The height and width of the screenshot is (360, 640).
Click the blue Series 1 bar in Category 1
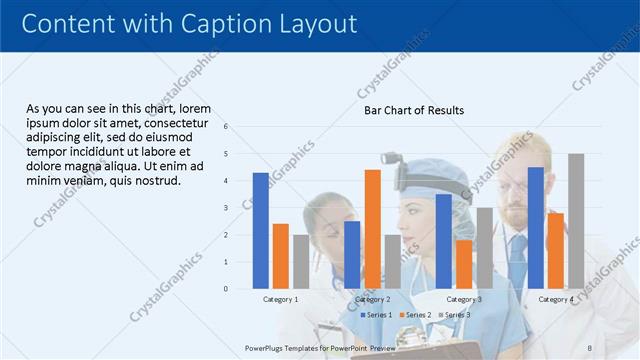[261, 230]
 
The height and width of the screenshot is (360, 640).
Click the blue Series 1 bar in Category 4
[536, 227]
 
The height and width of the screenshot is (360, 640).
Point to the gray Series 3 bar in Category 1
[301, 261]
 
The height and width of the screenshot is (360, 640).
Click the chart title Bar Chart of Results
[413, 110]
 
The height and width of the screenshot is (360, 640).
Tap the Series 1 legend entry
[376, 315]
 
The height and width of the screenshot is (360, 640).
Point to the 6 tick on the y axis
[226, 127]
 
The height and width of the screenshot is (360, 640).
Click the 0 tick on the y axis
[226, 289]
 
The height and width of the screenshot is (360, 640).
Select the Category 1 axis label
[281, 299]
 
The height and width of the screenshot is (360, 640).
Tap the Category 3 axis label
[464, 299]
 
